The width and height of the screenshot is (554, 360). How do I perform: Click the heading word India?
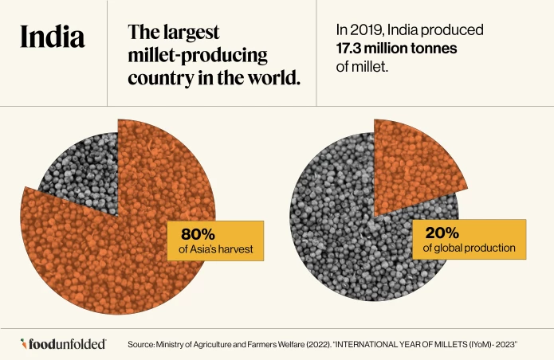tap(52, 37)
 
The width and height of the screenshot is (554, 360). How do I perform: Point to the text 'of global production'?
tap(469, 249)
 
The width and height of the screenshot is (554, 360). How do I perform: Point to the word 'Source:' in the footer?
tap(143, 344)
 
